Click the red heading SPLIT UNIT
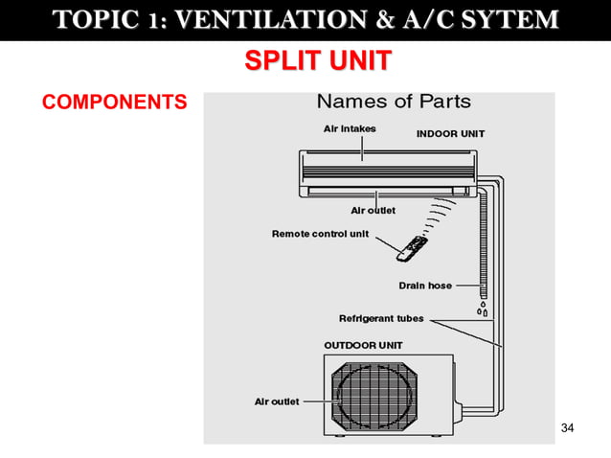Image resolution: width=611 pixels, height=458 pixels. click(317, 61)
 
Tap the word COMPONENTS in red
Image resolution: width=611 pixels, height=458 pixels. click(114, 102)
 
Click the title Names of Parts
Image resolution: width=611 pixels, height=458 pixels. click(394, 101)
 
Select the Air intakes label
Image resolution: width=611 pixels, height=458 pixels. click(349, 128)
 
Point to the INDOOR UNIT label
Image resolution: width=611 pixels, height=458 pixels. click(450, 134)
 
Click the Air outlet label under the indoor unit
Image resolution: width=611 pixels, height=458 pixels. click(373, 210)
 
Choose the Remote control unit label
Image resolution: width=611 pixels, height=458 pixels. click(320, 234)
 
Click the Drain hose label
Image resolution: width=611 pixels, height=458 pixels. click(425, 286)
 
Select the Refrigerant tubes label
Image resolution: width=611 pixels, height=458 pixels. click(381, 318)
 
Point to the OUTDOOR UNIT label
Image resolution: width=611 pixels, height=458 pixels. click(364, 345)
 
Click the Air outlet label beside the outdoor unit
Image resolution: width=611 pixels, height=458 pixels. click(277, 401)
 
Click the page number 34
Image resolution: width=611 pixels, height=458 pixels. click(567, 426)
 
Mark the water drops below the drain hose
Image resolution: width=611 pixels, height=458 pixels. click(483, 309)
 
